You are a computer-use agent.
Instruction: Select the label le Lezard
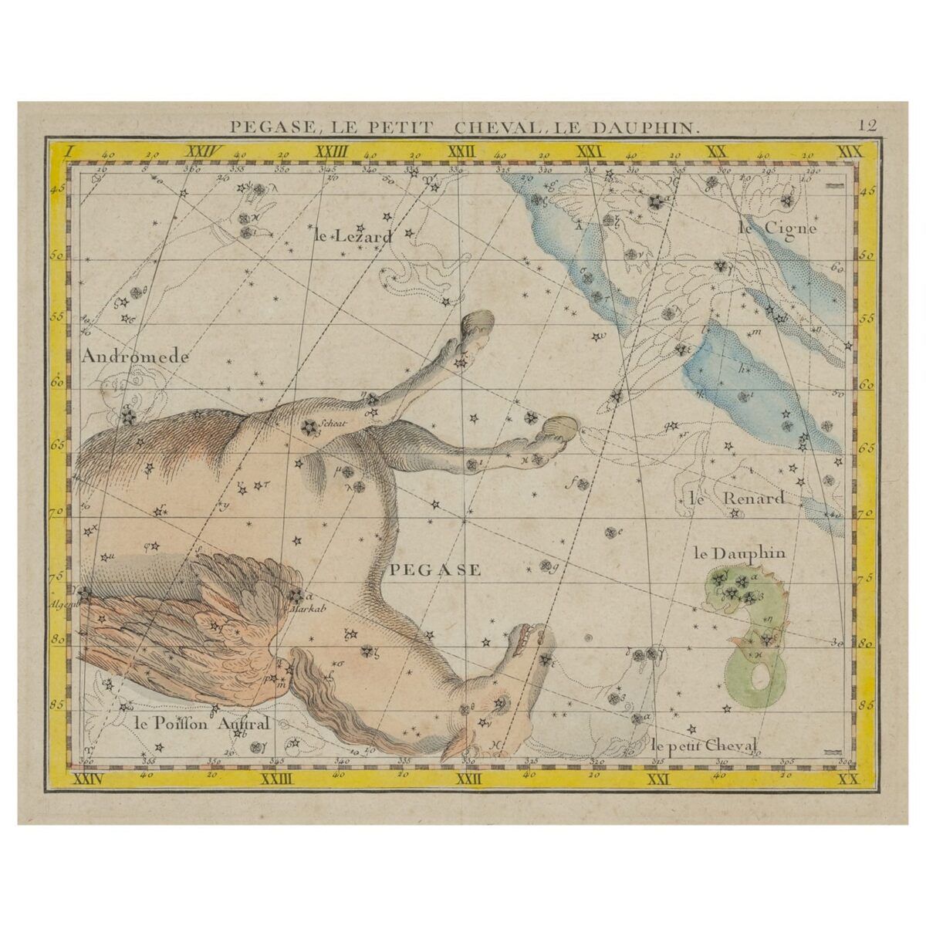point(353,237)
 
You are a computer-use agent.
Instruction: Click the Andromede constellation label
point(133,357)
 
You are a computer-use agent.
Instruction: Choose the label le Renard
point(737,498)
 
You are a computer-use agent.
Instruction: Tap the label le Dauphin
point(739,553)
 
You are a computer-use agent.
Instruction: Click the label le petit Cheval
point(705,745)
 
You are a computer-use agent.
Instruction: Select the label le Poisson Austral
point(201,723)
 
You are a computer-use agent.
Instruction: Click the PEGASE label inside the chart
point(436,570)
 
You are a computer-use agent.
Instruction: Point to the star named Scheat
point(309,425)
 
